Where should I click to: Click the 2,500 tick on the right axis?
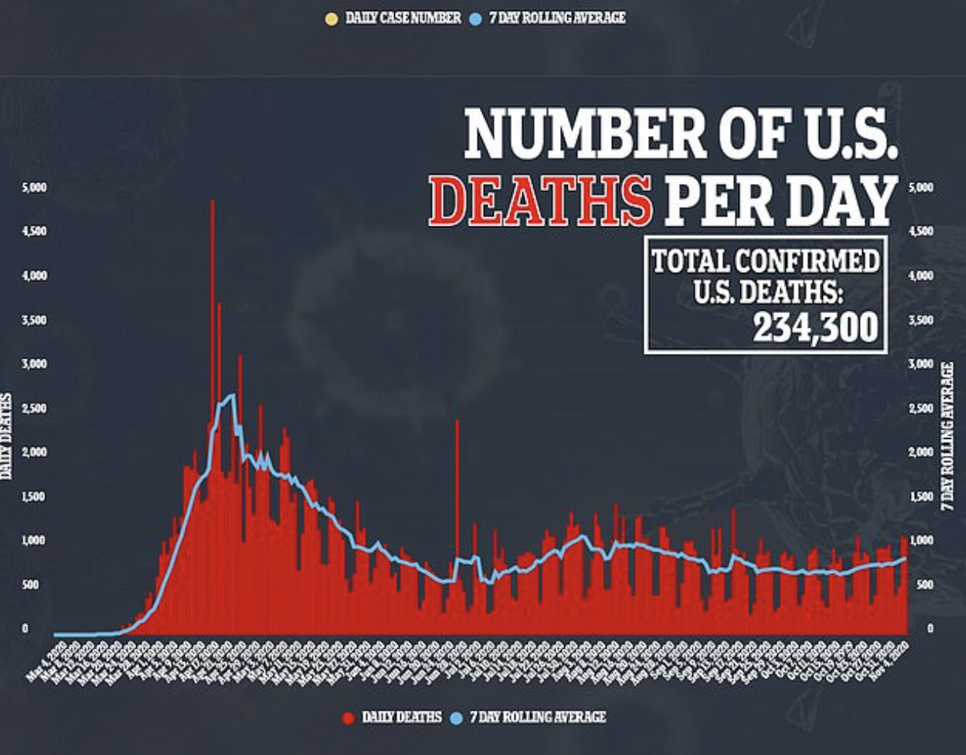point(920,409)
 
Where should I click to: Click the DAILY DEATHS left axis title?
point(6,436)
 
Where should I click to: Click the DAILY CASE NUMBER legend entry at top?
point(403,17)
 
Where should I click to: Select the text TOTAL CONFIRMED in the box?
point(765,260)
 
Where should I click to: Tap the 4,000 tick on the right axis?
point(920,277)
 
